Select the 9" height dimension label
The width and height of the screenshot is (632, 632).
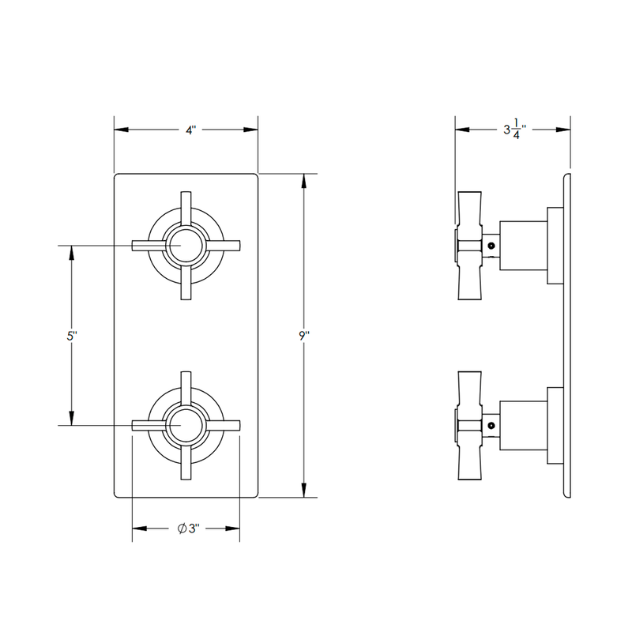(304, 336)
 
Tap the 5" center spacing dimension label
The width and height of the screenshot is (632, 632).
(72, 336)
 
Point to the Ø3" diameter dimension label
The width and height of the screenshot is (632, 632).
(187, 529)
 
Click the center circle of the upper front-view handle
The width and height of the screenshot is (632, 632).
(185, 246)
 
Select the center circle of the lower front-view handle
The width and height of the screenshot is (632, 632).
(185, 425)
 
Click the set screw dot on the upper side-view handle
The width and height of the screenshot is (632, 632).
(491, 246)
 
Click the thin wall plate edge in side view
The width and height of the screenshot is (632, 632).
(566, 336)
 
